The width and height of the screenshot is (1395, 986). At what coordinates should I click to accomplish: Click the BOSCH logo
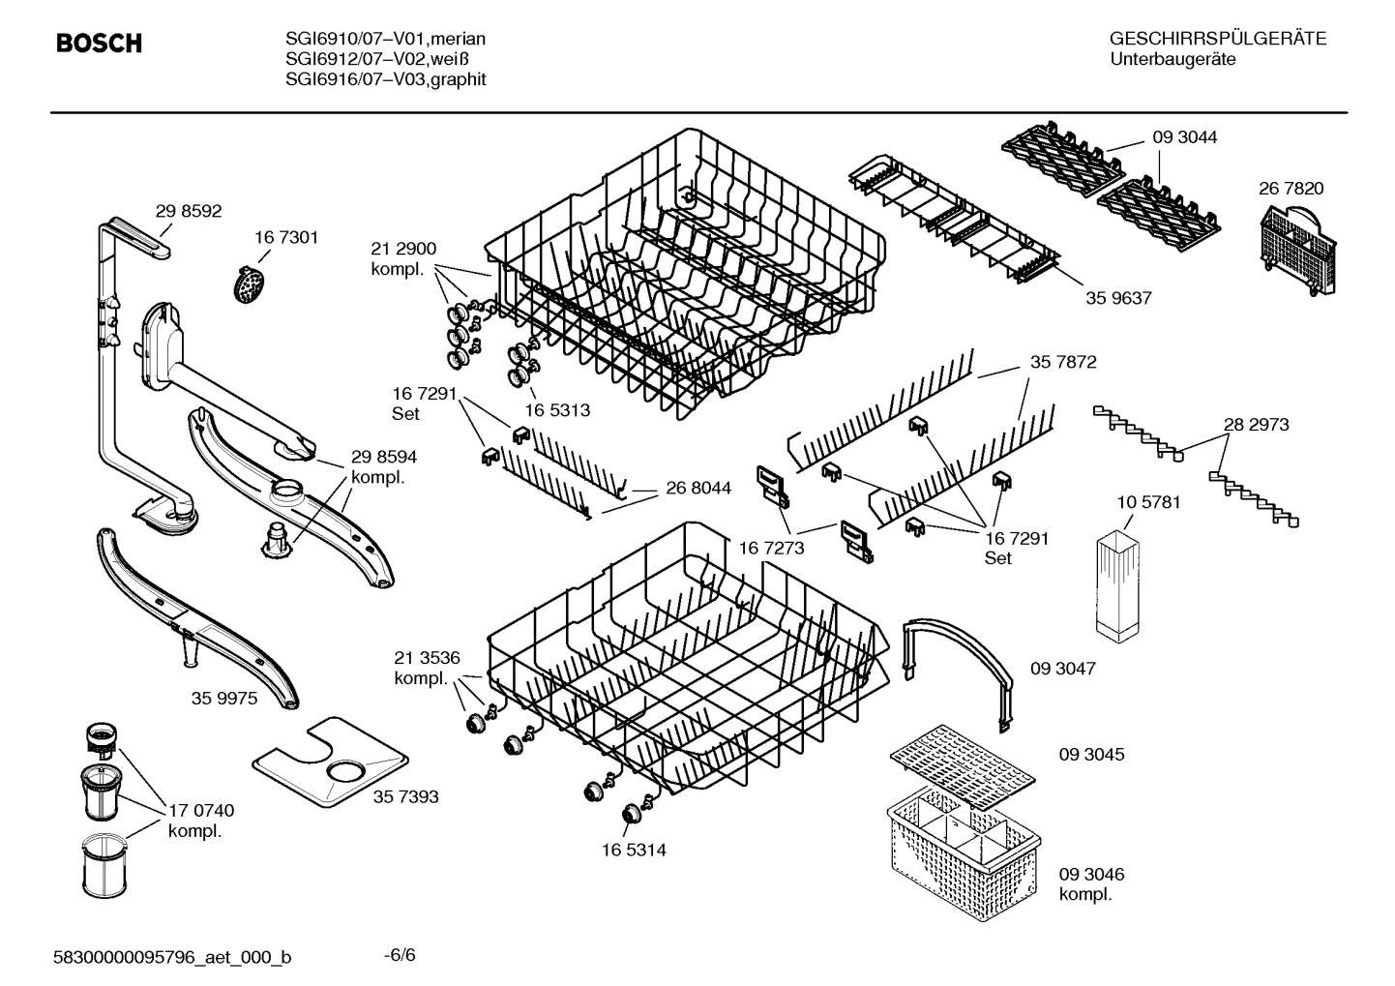pyautogui.click(x=99, y=44)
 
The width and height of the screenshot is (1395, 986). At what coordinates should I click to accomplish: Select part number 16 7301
pyautogui.click(x=286, y=237)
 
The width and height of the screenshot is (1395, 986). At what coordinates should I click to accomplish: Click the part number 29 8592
pyautogui.click(x=189, y=210)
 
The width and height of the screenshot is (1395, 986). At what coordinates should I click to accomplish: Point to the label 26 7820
pyautogui.click(x=1291, y=189)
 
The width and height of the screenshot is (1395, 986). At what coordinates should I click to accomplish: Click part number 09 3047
pyautogui.click(x=1062, y=669)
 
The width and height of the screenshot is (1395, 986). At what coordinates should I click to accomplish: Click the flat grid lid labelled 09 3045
pyautogui.click(x=962, y=763)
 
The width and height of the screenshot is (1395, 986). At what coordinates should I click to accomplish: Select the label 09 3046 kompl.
pyautogui.click(x=1091, y=883)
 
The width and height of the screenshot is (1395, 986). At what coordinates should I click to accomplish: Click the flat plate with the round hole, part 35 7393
pyautogui.click(x=330, y=763)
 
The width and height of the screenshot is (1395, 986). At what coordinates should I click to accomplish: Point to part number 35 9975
pyautogui.click(x=224, y=698)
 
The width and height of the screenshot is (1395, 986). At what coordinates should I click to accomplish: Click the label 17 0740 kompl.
pyautogui.click(x=201, y=821)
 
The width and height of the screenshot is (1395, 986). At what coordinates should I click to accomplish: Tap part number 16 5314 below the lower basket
pyautogui.click(x=633, y=851)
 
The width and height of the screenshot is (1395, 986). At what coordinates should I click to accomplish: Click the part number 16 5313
pyautogui.click(x=557, y=410)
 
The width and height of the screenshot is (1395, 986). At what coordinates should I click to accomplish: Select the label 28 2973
pyautogui.click(x=1256, y=425)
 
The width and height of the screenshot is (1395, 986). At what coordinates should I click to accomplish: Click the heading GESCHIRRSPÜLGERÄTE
pyautogui.click(x=1217, y=40)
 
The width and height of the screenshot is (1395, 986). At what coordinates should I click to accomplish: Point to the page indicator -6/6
pyautogui.click(x=400, y=955)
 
